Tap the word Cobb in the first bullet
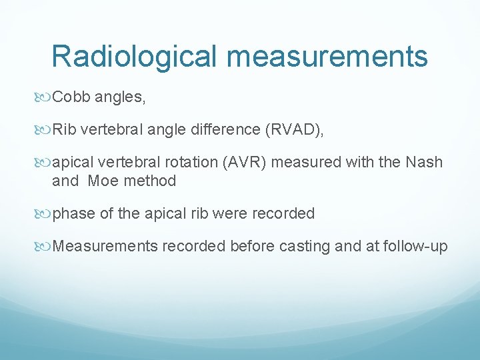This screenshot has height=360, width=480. (x=71, y=97)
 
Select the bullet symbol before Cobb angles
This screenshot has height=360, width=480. (x=44, y=98)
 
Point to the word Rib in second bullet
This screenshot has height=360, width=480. (x=65, y=129)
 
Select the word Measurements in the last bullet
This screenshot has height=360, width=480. (x=105, y=246)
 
